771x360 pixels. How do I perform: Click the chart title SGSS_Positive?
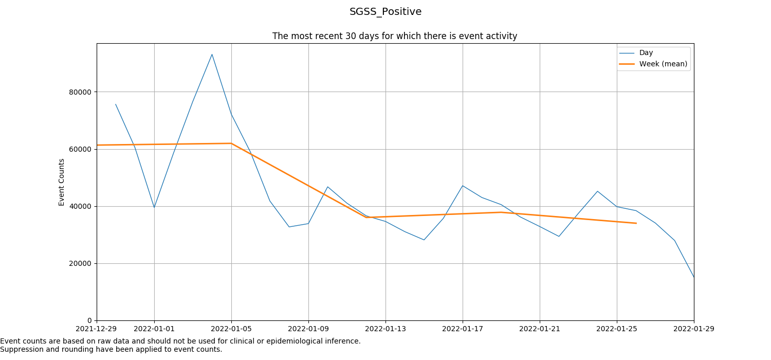(385, 12)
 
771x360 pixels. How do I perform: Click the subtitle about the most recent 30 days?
(394, 36)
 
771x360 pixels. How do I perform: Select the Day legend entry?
(646, 53)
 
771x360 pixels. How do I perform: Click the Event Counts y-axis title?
(62, 182)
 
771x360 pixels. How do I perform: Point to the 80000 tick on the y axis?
(80, 92)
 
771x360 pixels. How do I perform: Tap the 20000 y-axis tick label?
(80, 263)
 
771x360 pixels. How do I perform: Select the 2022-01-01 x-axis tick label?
(154, 328)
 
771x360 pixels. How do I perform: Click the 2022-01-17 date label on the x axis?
(463, 328)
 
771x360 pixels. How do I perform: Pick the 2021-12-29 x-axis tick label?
(97, 328)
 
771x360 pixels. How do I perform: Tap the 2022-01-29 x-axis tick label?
(693, 328)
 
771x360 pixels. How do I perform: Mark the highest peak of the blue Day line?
(212, 55)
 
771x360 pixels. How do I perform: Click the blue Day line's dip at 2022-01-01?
(154, 207)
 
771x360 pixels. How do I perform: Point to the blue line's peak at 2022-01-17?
(463, 186)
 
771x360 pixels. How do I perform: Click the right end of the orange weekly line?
(636, 223)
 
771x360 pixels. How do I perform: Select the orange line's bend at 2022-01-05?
(231, 143)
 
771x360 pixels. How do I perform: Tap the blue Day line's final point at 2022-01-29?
(693, 277)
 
